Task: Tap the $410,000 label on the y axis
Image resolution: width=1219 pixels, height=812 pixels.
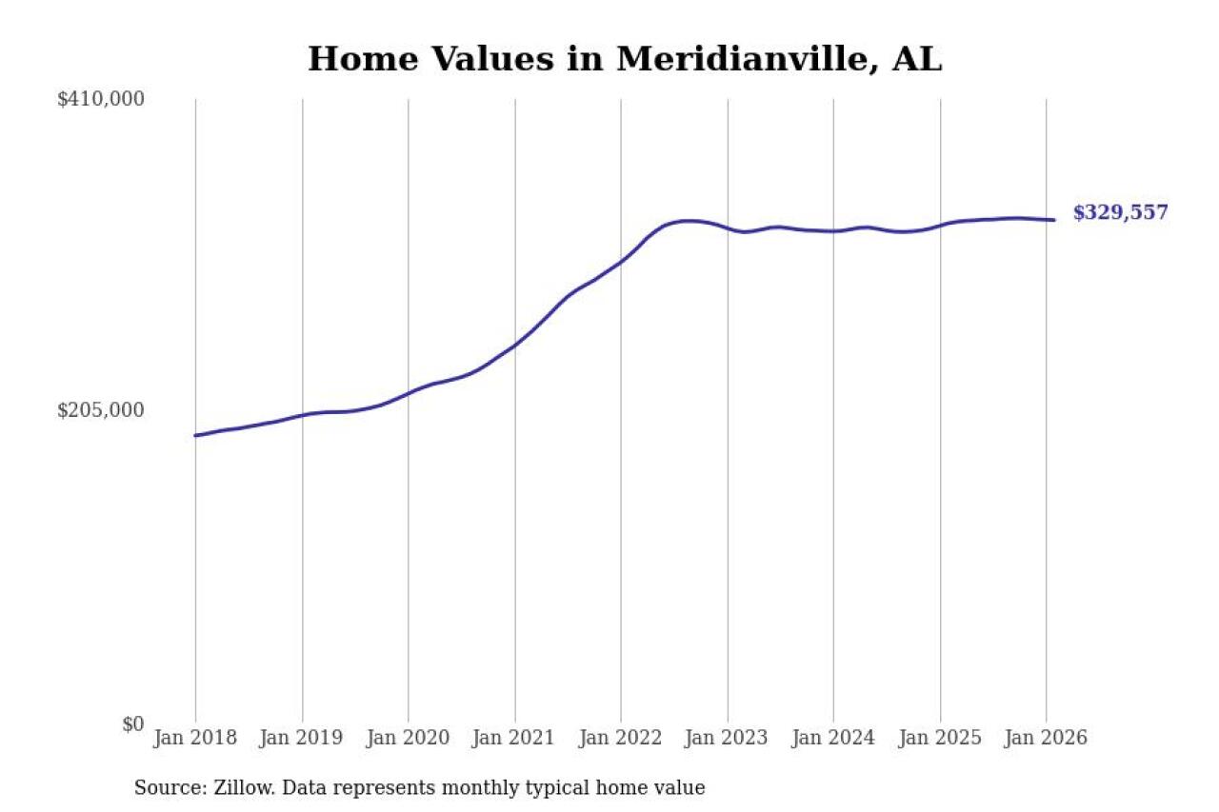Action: (x=101, y=99)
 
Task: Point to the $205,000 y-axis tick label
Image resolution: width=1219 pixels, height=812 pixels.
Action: (x=101, y=410)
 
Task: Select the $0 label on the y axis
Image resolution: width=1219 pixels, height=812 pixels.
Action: (x=132, y=723)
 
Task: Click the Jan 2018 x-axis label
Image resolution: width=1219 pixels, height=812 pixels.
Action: (x=195, y=739)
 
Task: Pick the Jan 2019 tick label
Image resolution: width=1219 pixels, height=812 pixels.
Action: (x=302, y=739)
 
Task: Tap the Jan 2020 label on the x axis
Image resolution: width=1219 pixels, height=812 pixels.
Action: (x=409, y=739)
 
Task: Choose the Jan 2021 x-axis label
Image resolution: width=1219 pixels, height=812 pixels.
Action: (x=515, y=739)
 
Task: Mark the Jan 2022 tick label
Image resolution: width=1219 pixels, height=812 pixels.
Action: (x=621, y=739)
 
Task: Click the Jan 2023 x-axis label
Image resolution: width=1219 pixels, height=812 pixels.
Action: (x=728, y=739)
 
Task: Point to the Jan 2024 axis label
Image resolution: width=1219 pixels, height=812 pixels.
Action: (x=833, y=739)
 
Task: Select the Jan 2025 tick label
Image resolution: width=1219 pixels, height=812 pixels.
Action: (x=940, y=739)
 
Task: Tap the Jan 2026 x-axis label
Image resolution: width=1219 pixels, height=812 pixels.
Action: (x=1046, y=739)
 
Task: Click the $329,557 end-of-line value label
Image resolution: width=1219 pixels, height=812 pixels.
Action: (x=1120, y=213)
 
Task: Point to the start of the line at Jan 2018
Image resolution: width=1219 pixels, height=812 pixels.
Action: (x=195, y=435)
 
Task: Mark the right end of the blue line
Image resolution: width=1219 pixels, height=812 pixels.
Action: (x=1053, y=220)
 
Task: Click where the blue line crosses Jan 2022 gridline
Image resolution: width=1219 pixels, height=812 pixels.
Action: (x=621, y=261)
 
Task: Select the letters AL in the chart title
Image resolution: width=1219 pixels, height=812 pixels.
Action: (x=917, y=60)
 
